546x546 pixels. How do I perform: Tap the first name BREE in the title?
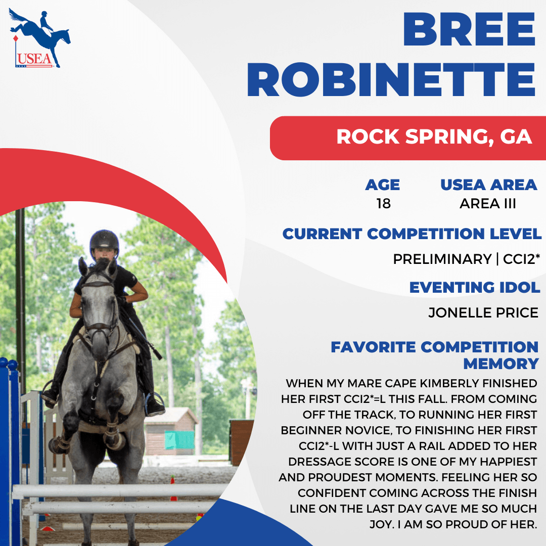(x=469, y=30)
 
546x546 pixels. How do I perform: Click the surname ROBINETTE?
(x=391, y=80)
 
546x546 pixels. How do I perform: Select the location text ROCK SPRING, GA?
(x=434, y=136)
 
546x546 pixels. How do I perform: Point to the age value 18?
(x=383, y=204)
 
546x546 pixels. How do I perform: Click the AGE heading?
(x=382, y=185)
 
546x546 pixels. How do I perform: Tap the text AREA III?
(x=487, y=204)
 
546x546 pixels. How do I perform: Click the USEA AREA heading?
(x=488, y=185)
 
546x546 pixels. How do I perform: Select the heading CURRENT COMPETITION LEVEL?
(x=412, y=234)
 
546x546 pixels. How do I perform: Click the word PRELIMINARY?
(x=442, y=259)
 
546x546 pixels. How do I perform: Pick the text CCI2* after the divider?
(x=521, y=259)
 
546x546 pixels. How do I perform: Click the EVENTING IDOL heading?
(x=475, y=288)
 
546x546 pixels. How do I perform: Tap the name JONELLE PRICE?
(x=483, y=313)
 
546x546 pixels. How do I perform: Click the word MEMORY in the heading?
(x=500, y=364)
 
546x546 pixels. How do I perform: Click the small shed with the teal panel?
(x=171, y=431)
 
